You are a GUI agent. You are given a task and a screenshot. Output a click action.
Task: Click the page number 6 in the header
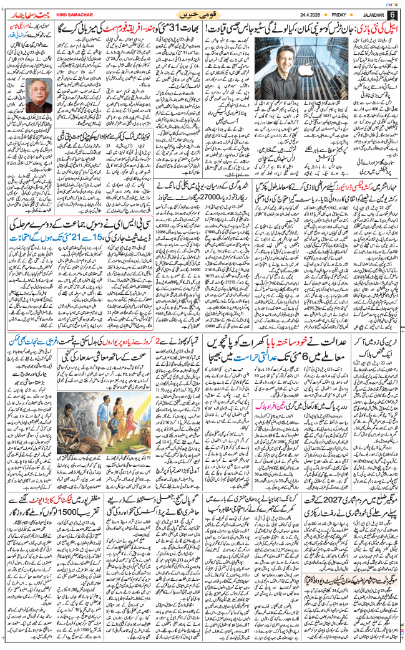[x=393, y=14]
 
